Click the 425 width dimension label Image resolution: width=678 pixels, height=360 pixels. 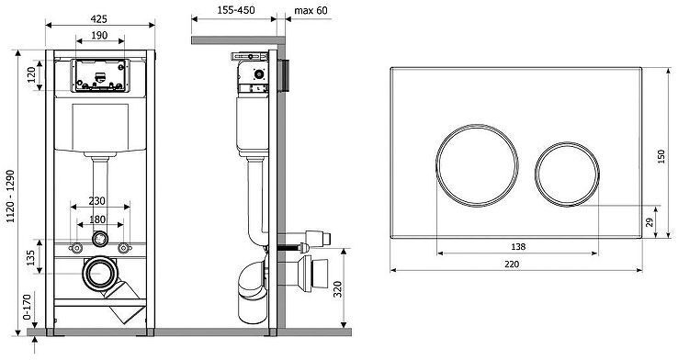coord(99,19)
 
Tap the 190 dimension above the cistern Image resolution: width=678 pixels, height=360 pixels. coord(100,36)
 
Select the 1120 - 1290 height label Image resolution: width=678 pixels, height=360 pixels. coord(10,197)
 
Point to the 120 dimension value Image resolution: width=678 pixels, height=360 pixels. coord(31,75)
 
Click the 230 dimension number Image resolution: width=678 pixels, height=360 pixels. coord(96,201)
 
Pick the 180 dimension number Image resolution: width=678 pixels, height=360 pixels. coord(96,219)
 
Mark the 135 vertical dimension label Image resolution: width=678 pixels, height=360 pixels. coord(30,258)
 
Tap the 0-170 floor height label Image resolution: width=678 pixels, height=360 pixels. coord(27,307)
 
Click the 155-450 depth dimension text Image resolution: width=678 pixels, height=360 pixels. coord(236,10)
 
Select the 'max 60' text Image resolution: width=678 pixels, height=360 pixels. coord(311,10)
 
